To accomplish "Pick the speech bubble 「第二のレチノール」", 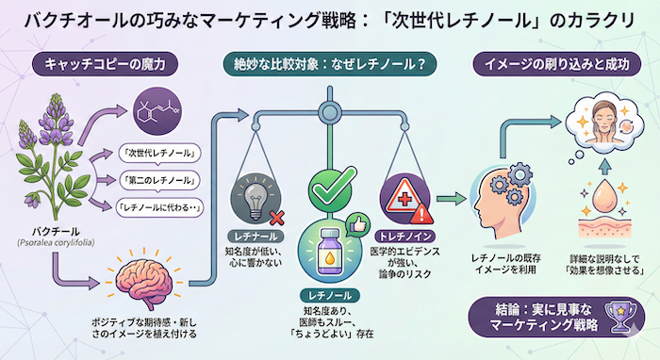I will (x=157, y=180).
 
